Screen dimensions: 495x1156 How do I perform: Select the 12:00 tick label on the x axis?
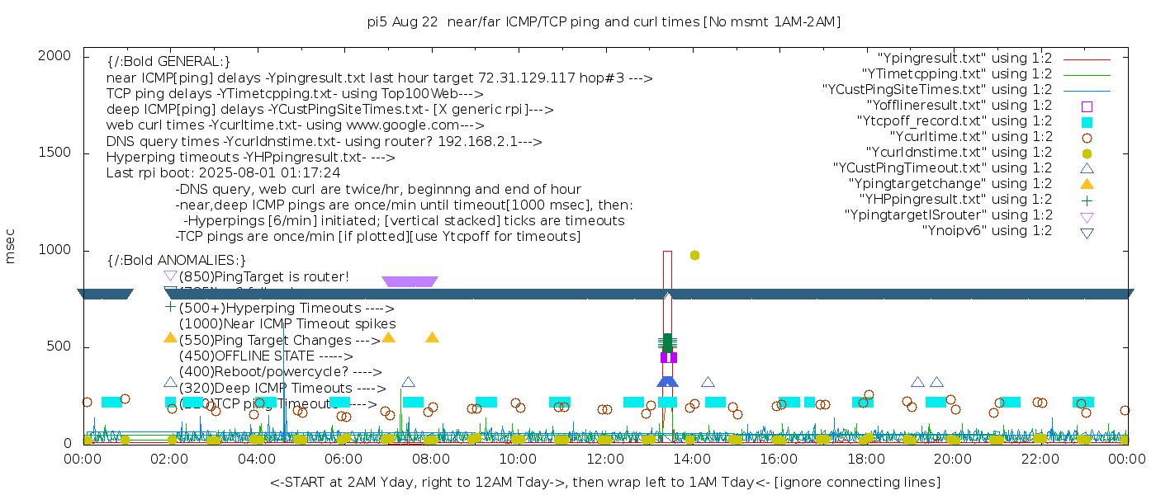tap(604, 458)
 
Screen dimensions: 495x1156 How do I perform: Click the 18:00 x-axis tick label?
tap(865, 458)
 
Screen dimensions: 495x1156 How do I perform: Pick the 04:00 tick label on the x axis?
tap(257, 458)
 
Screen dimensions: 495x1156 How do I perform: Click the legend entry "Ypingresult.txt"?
tap(965, 59)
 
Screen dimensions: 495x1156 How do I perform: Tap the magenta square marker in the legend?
tap(1087, 106)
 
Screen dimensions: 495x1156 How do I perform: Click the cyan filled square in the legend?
tap(1087, 122)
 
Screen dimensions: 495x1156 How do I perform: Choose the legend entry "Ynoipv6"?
tap(988, 231)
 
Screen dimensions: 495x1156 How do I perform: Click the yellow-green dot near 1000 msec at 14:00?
tap(694, 255)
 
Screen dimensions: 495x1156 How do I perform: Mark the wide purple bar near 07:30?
tap(410, 281)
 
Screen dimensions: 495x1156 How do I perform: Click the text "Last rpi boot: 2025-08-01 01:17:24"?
tap(223, 173)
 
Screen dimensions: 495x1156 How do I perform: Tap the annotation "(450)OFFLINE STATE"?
tap(248, 356)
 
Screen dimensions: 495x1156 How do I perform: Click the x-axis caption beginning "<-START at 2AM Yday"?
tap(604, 482)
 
